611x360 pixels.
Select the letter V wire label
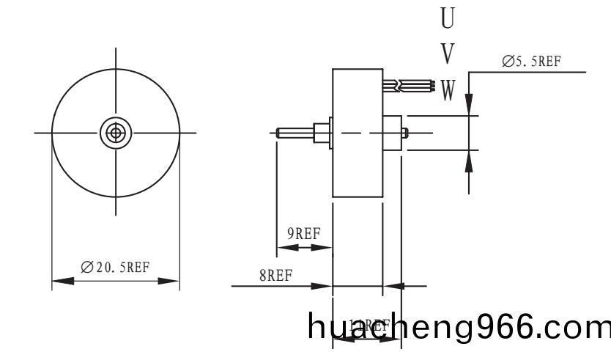pos(448,54)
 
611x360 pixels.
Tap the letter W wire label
pos(448,90)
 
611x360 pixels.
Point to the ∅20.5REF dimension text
pos(115,267)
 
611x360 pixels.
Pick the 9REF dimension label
pos(303,234)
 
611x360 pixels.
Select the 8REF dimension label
pos(275,276)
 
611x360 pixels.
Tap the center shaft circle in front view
pos(115,133)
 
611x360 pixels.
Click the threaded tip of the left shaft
pos(286,133)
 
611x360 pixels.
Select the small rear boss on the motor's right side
pos(393,133)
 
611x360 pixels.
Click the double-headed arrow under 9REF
pos(303,248)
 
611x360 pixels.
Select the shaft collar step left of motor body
pos(320,133)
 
